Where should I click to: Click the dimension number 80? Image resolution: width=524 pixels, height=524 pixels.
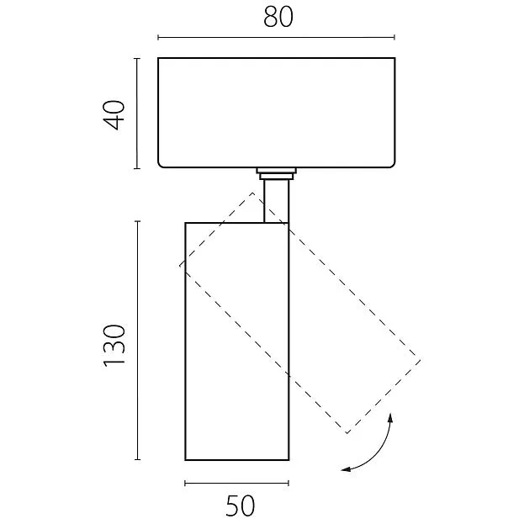[x=278, y=17]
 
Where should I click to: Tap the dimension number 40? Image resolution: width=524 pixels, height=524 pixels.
[x=114, y=114]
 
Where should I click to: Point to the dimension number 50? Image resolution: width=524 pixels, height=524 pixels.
[x=240, y=506]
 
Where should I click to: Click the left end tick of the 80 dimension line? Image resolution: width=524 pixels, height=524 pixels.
[x=158, y=37]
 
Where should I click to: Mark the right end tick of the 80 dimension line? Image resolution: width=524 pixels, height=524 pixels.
[x=394, y=37]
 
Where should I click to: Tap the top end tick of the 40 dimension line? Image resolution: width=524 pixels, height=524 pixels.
[x=137, y=59]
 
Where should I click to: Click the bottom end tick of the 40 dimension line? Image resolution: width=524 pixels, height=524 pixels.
[x=137, y=168]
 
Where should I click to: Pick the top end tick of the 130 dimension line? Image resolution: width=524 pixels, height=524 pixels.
[x=137, y=221]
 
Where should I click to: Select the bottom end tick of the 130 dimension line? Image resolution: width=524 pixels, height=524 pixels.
[x=137, y=459]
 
